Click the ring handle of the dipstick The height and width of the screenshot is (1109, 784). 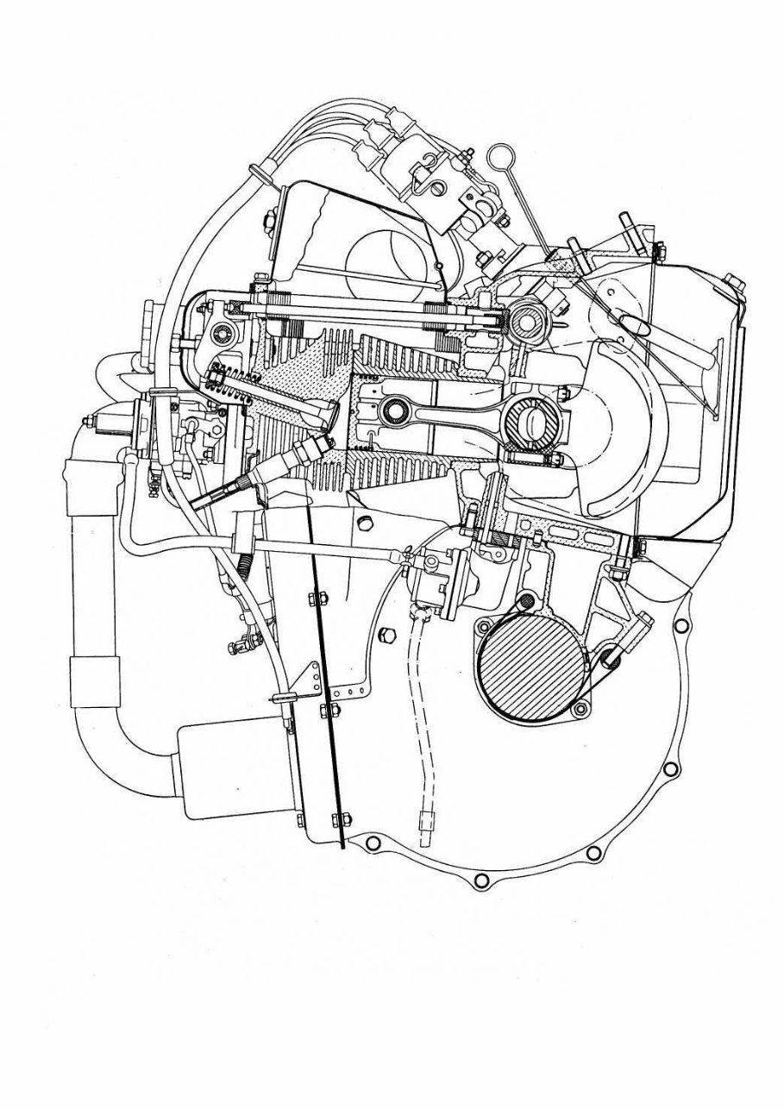click(498, 157)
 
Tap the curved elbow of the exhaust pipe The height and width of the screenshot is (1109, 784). click(112, 733)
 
